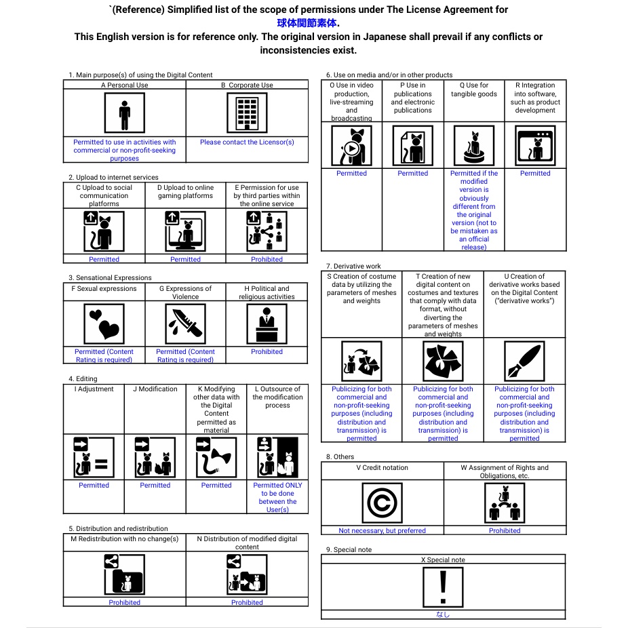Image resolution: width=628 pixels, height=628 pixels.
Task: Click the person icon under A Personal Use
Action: pyautogui.click(x=124, y=113)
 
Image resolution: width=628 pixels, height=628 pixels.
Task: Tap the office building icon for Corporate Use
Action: pyautogui.click(x=247, y=113)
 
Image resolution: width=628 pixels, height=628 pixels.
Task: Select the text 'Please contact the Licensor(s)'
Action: pyautogui.click(x=247, y=142)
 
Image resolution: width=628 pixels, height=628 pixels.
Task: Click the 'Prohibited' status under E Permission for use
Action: pyautogui.click(x=267, y=259)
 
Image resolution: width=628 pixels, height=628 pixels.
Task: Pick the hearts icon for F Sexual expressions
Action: pyautogui.click(x=104, y=323)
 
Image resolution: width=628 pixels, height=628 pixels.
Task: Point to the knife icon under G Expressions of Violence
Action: pyautogui.click(x=185, y=323)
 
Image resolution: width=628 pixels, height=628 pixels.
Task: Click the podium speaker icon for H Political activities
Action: pyautogui.click(x=267, y=323)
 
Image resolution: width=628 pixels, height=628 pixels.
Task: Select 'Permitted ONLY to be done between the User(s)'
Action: pyautogui.click(x=277, y=497)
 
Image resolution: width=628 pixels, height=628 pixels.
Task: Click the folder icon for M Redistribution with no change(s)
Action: pyautogui.click(x=124, y=574)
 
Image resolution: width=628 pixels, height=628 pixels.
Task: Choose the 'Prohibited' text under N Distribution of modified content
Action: pyautogui.click(x=247, y=602)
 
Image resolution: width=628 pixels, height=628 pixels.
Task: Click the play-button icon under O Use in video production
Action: pyautogui.click(x=351, y=146)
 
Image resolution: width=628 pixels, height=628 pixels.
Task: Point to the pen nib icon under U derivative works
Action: pyautogui.click(x=524, y=360)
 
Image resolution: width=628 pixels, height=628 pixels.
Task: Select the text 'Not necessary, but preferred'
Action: pyautogui.click(x=382, y=530)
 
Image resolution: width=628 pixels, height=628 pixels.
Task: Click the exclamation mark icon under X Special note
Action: pyautogui.click(x=443, y=587)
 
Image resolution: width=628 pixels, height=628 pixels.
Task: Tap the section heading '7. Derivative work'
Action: pyautogui.click(x=353, y=267)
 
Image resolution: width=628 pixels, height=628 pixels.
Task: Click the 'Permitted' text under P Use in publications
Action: pyautogui.click(x=412, y=174)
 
